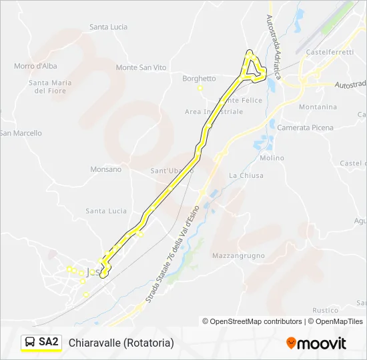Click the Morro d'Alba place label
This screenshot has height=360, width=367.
click(x=35, y=66)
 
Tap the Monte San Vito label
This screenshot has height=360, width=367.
click(x=141, y=68)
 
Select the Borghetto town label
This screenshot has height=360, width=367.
click(x=199, y=79)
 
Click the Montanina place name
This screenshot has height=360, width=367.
click(x=318, y=107)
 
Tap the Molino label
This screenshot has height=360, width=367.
click(x=272, y=158)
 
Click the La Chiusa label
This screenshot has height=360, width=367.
click(x=246, y=175)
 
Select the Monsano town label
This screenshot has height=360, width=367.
click(x=106, y=169)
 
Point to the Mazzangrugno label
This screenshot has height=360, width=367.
click(x=238, y=255)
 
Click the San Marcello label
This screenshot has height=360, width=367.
click(x=21, y=133)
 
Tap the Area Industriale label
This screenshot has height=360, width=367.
click(x=214, y=111)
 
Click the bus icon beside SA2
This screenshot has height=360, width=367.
click(x=29, y=343)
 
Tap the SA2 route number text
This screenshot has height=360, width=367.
click(x=49, y=343)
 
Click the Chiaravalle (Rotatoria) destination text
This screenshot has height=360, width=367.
click(x=121, y=343)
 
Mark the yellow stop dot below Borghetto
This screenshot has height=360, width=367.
click(x=200, y=88)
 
